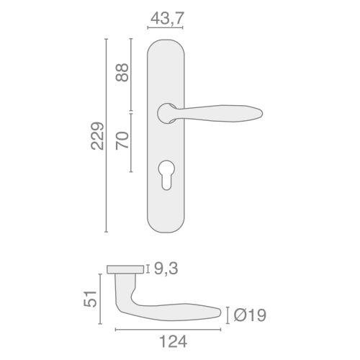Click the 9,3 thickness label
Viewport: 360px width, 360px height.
163,269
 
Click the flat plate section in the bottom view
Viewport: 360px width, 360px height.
125,269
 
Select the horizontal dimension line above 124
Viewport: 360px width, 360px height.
168,330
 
